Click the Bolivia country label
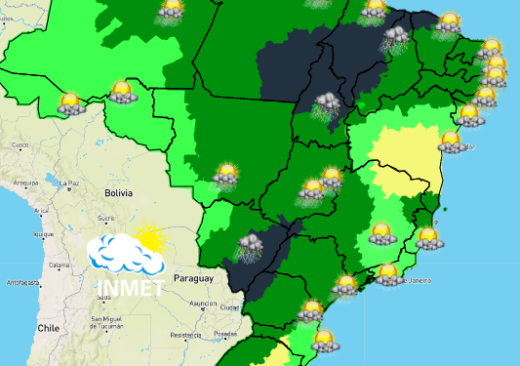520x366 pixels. point(117,193)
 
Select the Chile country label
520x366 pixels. point(49,330)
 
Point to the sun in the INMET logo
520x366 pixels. point(149,235)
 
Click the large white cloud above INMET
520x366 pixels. point(124,255)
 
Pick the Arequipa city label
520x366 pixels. point(25,182)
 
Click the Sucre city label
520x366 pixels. point(106,218)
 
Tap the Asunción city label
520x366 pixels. point(203,304)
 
